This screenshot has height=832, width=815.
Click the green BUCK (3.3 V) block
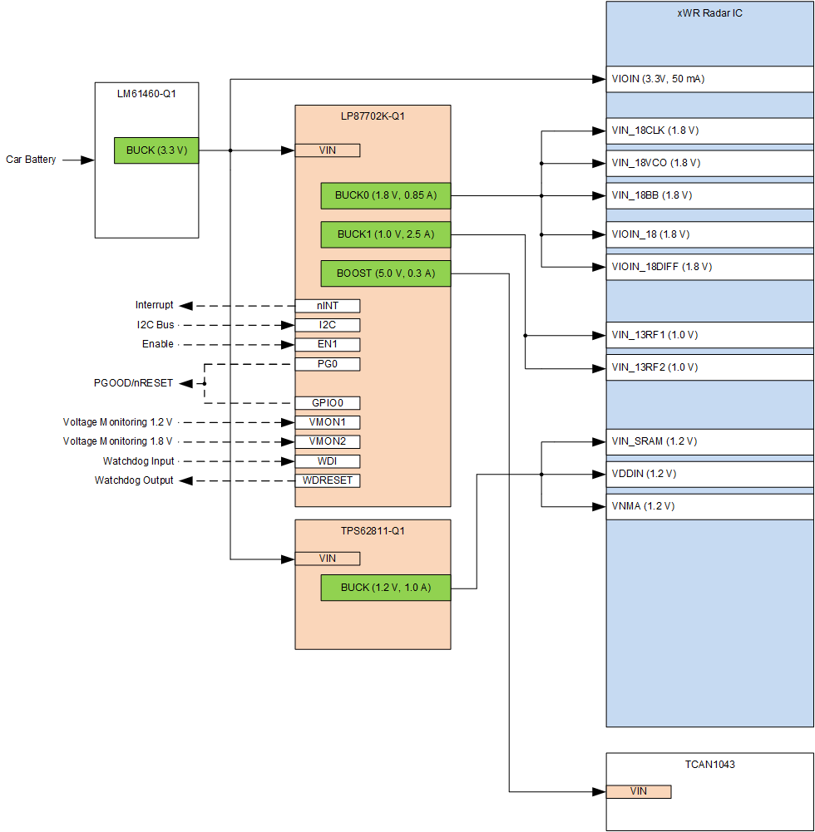[x=156, y=150]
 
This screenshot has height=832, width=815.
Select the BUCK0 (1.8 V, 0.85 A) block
[x=385, y=196]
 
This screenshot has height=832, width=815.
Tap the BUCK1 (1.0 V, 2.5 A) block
[x=385, y=235]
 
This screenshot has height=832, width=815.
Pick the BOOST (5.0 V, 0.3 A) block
[x=385, y=273]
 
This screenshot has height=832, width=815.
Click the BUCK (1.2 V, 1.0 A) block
[x=385, y=588]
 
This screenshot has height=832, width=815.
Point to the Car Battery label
[x=32, y=160]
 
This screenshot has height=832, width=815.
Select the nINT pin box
[x=328, y=306]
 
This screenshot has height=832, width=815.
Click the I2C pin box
[x=328, y=325]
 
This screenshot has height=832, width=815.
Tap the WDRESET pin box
[x=328, y=480]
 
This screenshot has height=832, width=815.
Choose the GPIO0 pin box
[x=328, y=403]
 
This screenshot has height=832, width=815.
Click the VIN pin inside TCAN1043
[x=638, y=791]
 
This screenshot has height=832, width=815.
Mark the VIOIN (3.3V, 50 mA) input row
[x=709, y=79]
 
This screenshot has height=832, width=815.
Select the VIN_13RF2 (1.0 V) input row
[x=709, y=367]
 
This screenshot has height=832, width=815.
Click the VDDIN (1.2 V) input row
[x=709, y=474]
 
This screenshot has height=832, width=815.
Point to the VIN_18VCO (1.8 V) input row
[x=709, y=163]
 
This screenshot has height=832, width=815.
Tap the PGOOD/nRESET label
[x=133, y=383]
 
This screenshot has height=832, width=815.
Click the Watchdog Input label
[x=139, y=461]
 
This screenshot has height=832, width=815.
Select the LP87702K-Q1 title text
[x=373, y=116]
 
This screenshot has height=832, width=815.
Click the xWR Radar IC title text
[x=709, y=14]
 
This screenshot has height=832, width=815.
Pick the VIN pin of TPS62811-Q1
[x=328, y=559]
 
